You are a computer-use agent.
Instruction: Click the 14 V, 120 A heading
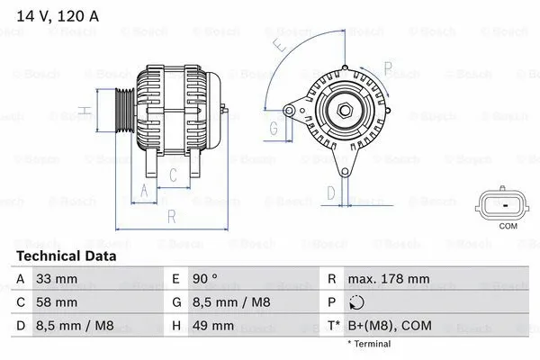point(56,15)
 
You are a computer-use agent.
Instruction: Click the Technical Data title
point(67,256)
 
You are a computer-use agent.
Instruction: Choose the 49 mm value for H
point(213,325)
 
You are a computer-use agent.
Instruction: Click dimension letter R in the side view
point(171,216)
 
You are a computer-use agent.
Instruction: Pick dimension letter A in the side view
point(143,189)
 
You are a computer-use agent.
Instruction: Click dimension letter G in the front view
point(274,127)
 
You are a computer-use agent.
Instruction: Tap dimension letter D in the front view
point(330,191)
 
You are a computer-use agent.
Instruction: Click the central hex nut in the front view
point(344,111)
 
